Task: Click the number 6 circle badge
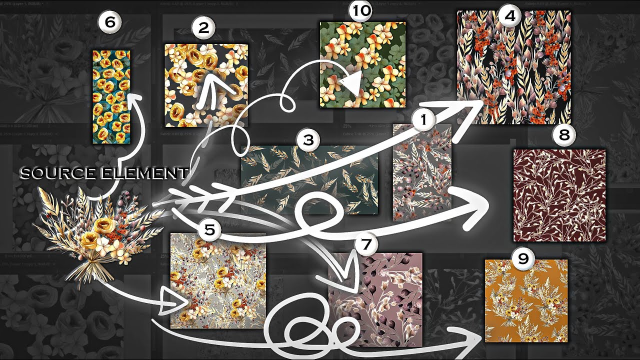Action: click(109, 22)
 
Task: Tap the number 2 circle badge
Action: click(203, 28)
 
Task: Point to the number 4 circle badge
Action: click(509, 16)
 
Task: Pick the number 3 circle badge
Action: click(308, 140)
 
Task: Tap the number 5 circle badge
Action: click(210, 230)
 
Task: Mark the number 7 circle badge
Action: click(366, 244)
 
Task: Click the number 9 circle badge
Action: click(523, 258)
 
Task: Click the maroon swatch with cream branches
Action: click(559, 195)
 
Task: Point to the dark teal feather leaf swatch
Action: click(309, 180)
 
